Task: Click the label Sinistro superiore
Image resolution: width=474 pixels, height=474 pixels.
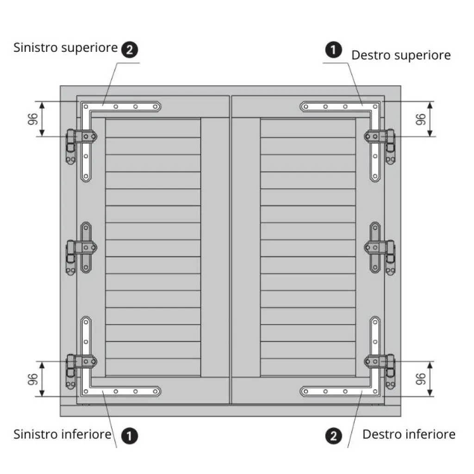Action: coord(66,48)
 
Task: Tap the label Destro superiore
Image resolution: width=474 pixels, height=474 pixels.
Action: coord(401,56)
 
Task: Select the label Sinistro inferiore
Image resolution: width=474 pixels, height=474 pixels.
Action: coord(62,434)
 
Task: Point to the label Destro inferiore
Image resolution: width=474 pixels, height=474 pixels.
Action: coord(409,434)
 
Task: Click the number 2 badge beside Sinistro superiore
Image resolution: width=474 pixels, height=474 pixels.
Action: coord(130,50)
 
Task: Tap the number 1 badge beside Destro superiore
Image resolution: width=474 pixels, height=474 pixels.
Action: coord(333,50)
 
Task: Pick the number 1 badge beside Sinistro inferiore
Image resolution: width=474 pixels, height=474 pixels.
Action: coord(130,436)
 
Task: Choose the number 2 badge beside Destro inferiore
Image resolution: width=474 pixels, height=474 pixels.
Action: coord(333,436)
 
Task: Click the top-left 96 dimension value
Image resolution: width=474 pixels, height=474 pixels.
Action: coord(33,119)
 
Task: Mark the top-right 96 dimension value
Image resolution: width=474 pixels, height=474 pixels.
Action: coord(420,119)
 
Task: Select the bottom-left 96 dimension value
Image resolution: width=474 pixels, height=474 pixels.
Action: coord(33,379)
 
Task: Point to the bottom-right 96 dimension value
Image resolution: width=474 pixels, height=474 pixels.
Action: coord(420,379)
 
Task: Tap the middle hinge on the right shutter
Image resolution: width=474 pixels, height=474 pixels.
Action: coord(380,248)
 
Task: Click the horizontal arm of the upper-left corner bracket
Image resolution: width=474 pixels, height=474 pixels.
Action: coord(121,107)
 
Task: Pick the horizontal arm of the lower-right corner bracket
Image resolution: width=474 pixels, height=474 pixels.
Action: coord(340,392)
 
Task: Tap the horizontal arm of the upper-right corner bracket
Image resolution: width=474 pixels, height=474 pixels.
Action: coord(340,107)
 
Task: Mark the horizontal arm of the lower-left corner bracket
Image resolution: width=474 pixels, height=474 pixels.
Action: coord(121,392)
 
